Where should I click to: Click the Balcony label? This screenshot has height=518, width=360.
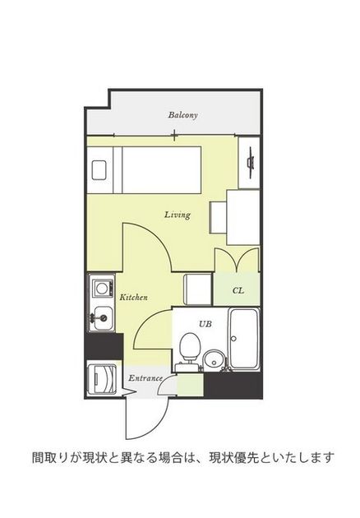coord(182,115)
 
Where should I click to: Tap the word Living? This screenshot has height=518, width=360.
coord(178,215)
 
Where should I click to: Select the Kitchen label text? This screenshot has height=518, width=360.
coord(133,298)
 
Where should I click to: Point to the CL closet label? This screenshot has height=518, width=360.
coord(238,291)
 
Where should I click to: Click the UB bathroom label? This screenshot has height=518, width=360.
coord(205,324)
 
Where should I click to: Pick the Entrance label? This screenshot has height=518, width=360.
coord(145,378)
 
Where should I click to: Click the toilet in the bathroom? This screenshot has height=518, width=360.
coord(189,349)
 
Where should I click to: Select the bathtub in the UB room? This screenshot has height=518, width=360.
coord(244,339)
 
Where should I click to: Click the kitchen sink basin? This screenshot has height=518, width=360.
coord(104,318)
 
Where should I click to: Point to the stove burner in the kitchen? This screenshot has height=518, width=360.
coord(103,289)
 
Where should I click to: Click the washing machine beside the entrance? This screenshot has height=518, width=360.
coord(102,378)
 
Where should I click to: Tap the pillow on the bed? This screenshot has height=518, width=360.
coord(99,170)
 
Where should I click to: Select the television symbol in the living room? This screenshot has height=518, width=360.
coord(251,159)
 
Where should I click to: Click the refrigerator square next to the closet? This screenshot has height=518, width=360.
coord(197,289)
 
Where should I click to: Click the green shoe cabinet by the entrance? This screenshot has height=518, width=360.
coord(190,385)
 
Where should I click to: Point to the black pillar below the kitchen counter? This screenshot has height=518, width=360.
coord(104,346)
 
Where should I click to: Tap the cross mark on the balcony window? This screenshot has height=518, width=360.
coord(174,135)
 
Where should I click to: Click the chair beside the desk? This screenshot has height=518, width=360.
coord(219,218)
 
